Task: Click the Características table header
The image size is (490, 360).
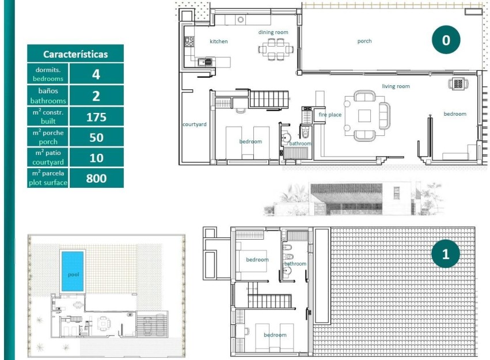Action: (x=75, y=54)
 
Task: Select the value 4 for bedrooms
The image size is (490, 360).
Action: (x=96, y=74)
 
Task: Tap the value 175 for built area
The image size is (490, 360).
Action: (x=96, y=117)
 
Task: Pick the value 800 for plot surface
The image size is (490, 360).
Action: (x=96, y=178)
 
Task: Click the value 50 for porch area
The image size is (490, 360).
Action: (x=96, y=138)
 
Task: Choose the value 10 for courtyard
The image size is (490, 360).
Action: (x=96, y=158)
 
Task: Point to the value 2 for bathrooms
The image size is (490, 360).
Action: (x=96, y=96)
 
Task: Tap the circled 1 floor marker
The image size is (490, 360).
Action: (x=446, y=254)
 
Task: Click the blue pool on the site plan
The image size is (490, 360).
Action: (x=73, y=274)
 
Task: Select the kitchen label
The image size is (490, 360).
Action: (x=218, y=41)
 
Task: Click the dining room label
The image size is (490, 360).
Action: (x=272, y=32)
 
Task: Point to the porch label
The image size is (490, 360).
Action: (x=364, y=41)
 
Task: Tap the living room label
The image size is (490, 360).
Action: (x=396, y=86)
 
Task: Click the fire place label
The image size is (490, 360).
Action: (x=330, y=115)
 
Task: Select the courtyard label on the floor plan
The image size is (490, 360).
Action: (x=194, y=124)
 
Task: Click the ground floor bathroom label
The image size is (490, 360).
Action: (x=300, y=143)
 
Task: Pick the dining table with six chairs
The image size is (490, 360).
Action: (x=273, y=50)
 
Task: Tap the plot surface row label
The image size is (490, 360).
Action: (x=48, y=178)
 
